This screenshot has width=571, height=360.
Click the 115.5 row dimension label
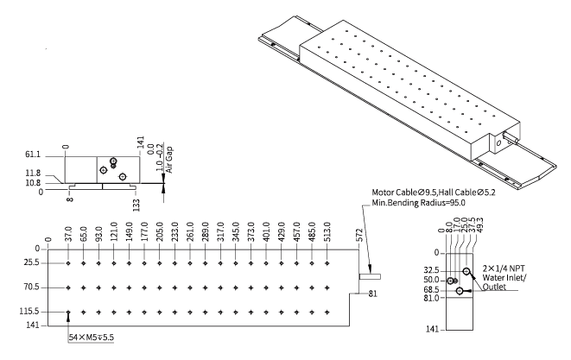click(32, 312)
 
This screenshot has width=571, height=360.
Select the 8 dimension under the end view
click(69, 204)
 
